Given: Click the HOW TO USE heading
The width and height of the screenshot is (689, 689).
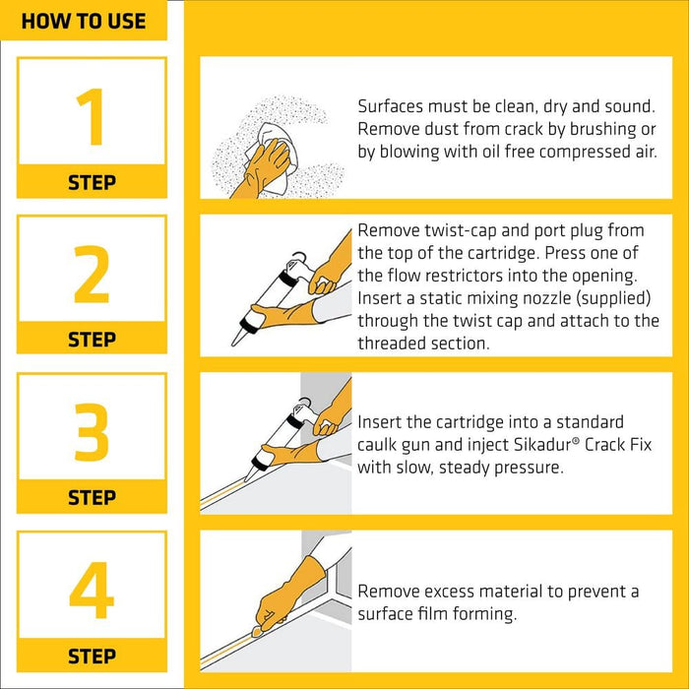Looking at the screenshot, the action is pos(84,21).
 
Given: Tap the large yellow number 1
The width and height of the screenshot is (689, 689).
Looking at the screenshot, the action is pos(91,116).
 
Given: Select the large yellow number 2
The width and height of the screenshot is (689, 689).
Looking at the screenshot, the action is pos(92,275).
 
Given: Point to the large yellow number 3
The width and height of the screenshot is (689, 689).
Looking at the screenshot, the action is pos(92,432).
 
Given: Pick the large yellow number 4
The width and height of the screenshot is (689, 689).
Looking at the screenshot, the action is pos(92,590).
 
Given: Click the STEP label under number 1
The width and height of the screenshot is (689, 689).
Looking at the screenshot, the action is pos(92,182).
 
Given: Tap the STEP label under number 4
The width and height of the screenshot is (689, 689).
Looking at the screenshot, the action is pos(92,657).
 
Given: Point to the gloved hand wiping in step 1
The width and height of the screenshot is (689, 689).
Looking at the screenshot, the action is pos(263,169).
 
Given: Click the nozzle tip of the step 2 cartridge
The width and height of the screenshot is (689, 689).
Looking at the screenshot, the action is pos(233,344).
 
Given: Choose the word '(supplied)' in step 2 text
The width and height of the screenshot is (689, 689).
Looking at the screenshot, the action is pos(613,298).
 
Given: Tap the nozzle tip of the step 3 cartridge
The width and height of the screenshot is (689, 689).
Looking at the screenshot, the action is pos(246,479).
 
